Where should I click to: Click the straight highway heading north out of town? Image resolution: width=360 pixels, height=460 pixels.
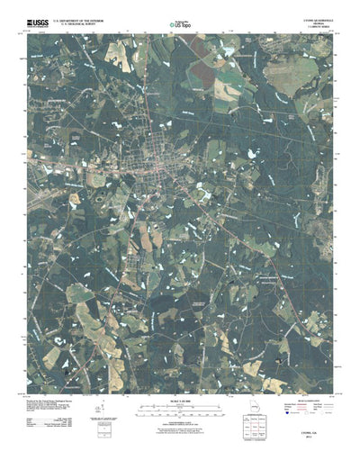tap(154, 90)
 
